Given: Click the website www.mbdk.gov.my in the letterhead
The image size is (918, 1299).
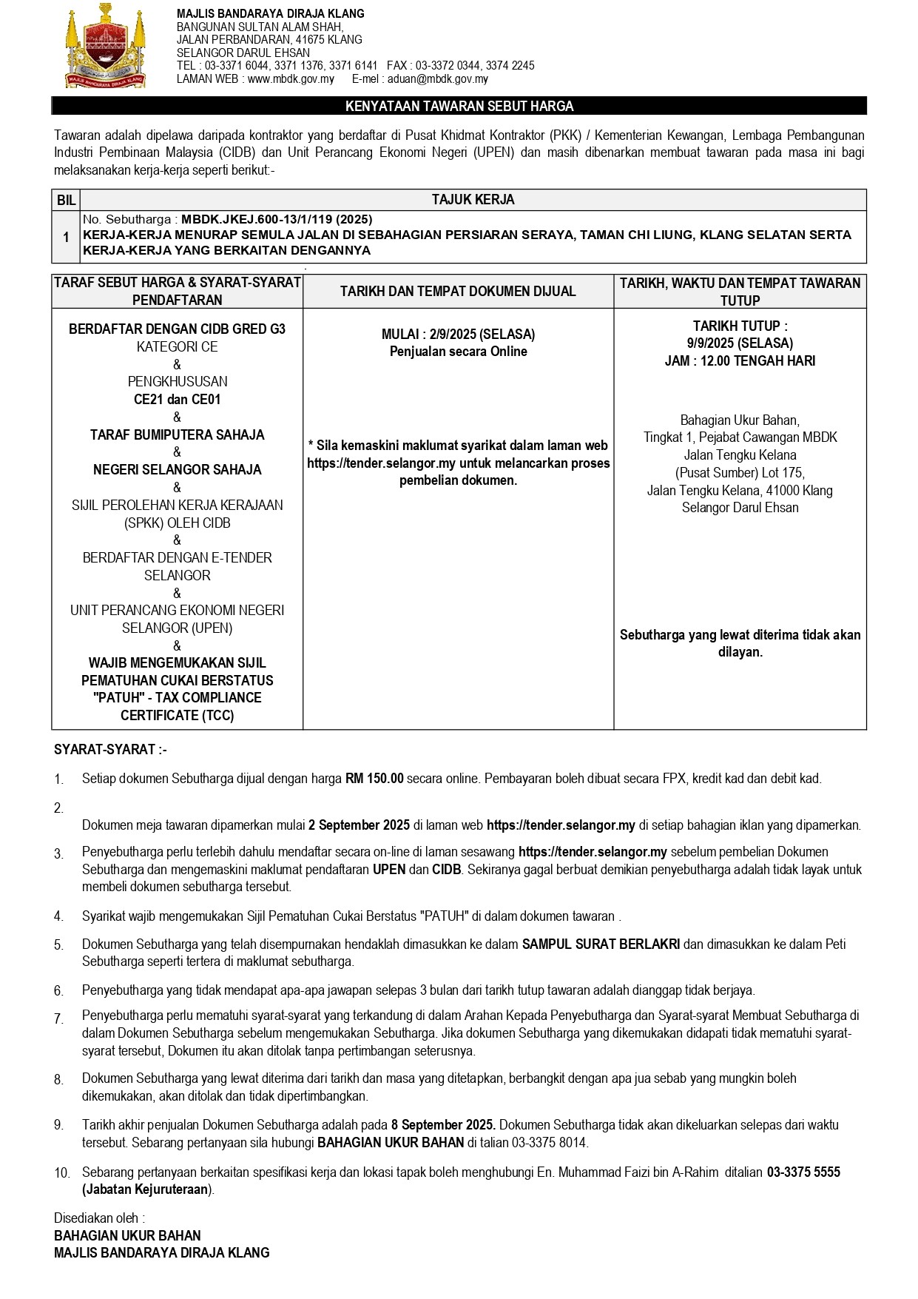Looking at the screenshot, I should (x=291, y=79).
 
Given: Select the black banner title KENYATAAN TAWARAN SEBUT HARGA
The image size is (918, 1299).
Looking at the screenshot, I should (x=459, y=107).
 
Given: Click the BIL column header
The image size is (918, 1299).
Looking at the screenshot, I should (x=66, y=200).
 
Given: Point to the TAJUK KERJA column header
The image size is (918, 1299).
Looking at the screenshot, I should (x=473, y=200).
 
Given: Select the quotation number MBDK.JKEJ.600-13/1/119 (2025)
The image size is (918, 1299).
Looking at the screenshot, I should (x=277, y=219).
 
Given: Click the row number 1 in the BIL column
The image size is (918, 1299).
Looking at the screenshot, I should (x=66, y=237).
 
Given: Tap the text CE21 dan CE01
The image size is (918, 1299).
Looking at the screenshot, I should (x=177, y=400).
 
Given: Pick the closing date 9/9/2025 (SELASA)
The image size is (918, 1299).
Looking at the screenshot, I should (x=740, y=343).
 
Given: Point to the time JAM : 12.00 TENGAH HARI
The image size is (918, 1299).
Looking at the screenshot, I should (x=740, y=361).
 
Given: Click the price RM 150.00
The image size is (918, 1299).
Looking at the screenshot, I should (x=374, y=779).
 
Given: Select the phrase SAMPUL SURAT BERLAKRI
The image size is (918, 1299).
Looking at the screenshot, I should (x=601, y=944).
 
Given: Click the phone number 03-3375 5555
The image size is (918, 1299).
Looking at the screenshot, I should (x=803, y=1172).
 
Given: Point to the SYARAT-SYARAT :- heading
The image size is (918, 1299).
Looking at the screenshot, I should (x=111, y=750).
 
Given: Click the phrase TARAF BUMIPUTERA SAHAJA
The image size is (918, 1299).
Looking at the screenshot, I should (x=177, y=435).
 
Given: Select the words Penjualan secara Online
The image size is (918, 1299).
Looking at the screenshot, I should (x=459, y=352).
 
